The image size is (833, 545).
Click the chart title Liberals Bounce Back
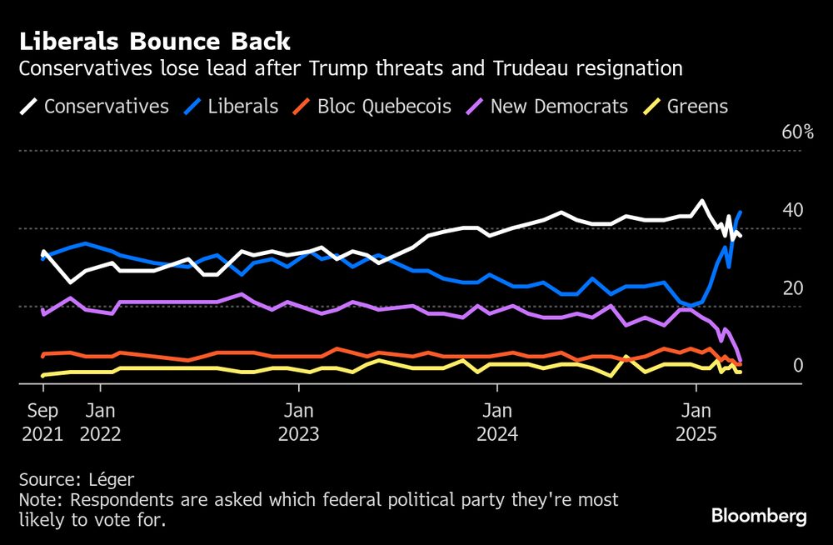point(155,41)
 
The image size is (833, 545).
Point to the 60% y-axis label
point(797,132)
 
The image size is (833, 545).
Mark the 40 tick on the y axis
point(792,210)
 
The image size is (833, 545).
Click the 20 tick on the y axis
point(792,288)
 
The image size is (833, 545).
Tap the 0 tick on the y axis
point(797,366)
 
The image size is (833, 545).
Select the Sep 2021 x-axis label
point(42,422)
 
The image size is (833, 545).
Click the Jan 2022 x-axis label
point(100,422)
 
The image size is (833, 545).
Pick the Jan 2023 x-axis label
point(298,422)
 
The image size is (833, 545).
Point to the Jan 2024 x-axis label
point(497,422)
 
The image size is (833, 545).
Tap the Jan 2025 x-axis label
point(696,422)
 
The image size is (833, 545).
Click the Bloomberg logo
point(759,517)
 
